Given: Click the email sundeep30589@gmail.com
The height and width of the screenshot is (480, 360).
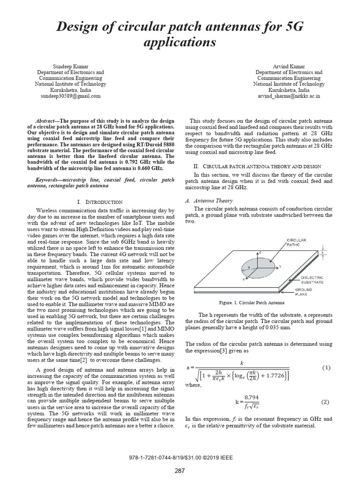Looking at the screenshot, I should (71, 96).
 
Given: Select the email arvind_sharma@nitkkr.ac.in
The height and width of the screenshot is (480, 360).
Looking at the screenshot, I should (289, 96).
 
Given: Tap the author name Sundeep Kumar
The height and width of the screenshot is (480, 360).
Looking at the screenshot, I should (71, 67).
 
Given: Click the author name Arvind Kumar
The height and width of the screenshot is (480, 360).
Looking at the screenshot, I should (289, 67).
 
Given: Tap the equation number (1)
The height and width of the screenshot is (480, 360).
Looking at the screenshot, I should (326, 368).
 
